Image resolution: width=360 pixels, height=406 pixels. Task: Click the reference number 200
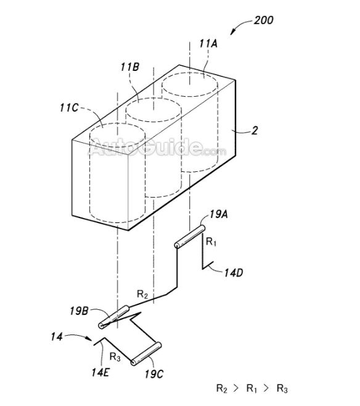click(x=263, y=20)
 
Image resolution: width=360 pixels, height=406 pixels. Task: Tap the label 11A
click(x=208, y=44)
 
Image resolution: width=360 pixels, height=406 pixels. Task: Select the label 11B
click(x=130, y=67)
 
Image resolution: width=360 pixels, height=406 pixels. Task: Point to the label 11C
click(x=69, y=108)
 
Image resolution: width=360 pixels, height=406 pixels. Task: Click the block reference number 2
click(x=255, y=131)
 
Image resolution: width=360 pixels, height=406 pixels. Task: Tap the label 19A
click(x=219, y=214)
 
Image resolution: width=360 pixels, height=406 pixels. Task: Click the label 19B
click(x=79, y=311)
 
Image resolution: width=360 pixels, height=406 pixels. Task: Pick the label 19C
click(x=154, y=374)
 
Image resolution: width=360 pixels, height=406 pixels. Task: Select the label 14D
click(x=234, y=273)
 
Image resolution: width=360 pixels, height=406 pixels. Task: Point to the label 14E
click(x=100, y=372)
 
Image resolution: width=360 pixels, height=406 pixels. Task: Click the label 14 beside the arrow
click(x=57, y=337)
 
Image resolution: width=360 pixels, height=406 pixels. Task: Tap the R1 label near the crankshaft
click(x=211, y=242)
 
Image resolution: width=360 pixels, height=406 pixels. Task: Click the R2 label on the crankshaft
click(x=142, y=294)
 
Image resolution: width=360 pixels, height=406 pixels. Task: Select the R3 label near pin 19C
click(x=115, y=357)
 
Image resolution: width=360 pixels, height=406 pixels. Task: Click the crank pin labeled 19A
click(x=190, y=237)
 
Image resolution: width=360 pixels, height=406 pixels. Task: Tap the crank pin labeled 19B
click(x=113, y=317)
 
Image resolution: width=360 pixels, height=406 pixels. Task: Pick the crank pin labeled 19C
click(x=146, y=354)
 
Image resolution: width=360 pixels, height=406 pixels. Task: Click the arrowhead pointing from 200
click(x=232, y=32)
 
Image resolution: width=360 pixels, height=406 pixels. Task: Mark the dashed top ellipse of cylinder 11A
click(x=189, y=84)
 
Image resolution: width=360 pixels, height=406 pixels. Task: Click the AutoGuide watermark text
click(x=157, y=148)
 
